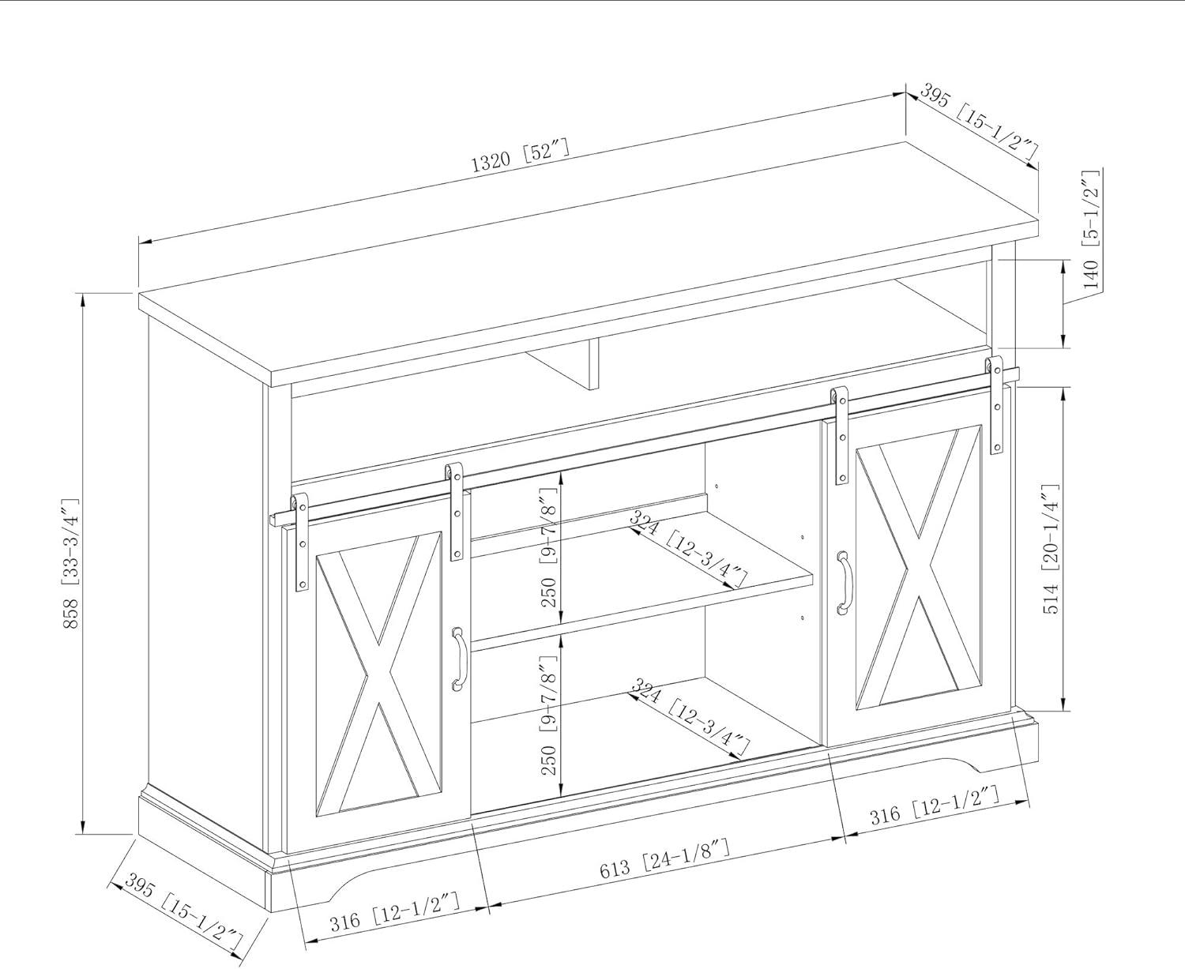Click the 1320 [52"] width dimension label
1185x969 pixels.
[x=520, y=156]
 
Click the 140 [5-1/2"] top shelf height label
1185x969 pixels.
[x=1091, y=229]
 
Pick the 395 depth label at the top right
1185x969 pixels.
[x=978, y=129]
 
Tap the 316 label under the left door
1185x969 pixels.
[x=394, y=914]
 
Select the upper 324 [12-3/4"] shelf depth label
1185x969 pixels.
[x=688, y=548]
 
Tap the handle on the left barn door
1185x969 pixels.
[x=458, y=660]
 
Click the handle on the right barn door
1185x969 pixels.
[x=844, y=583]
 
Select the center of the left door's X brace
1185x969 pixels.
[x=378, y=674]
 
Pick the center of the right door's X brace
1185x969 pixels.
[x=919, y=567]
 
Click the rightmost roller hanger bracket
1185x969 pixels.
[x=995, y=405]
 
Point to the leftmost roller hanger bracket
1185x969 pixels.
[x=301, y=542]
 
